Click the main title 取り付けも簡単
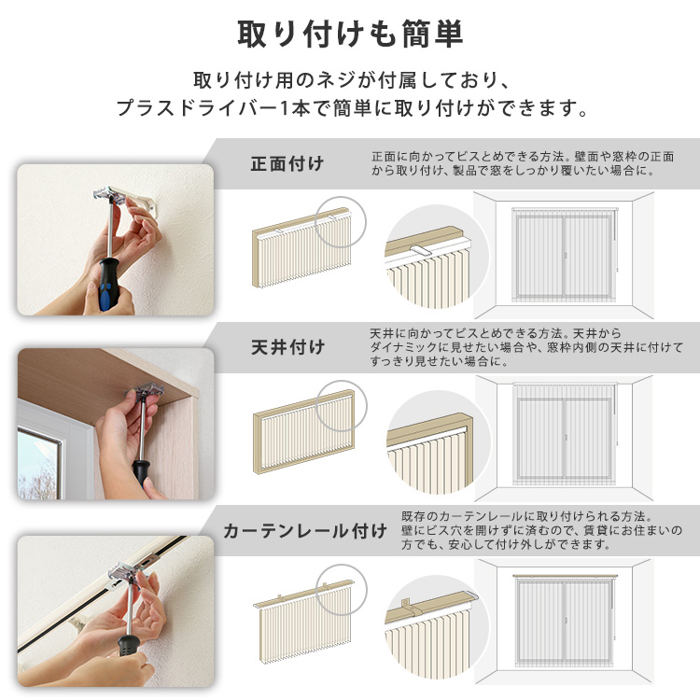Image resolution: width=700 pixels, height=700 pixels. click(350, 34)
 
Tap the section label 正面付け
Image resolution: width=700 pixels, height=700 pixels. click(287, 163)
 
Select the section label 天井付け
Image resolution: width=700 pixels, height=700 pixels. click(288, 347)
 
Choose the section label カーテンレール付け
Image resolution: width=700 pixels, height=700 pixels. click(305, 531)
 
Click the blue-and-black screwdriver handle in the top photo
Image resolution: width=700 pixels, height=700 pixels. click(109, 284)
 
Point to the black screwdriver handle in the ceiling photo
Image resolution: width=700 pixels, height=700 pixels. click(141, 470)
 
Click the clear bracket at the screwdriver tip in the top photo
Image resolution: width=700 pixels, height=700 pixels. click(109, 196)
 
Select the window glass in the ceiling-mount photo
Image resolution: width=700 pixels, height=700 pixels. click(38, 465)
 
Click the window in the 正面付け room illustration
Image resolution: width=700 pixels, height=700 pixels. click(564, 255)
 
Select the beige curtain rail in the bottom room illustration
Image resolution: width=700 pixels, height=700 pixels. click(565, 577)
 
